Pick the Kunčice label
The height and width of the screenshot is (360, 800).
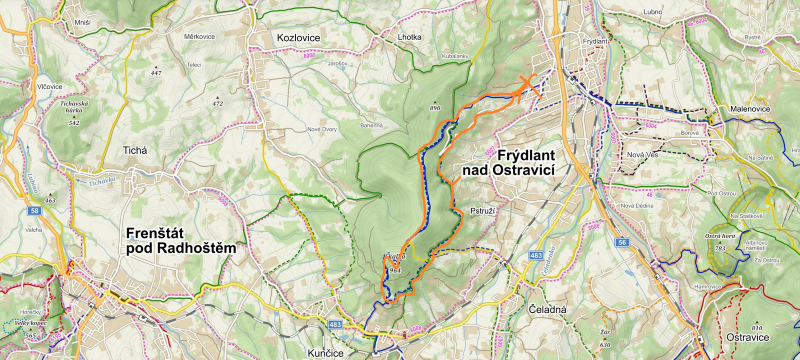tap(340, 341)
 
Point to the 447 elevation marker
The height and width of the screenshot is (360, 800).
tap(155, 73)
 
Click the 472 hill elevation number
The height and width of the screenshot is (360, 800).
tap(218, 103)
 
